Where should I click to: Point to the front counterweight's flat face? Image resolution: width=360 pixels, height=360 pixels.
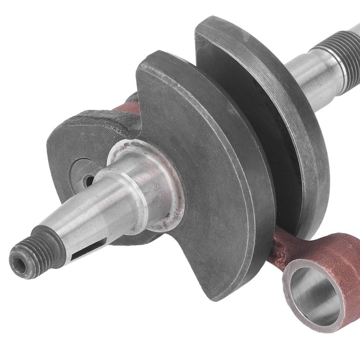click(x=211, y=180)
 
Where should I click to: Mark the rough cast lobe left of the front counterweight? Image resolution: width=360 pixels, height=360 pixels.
click(x=90, y=135)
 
